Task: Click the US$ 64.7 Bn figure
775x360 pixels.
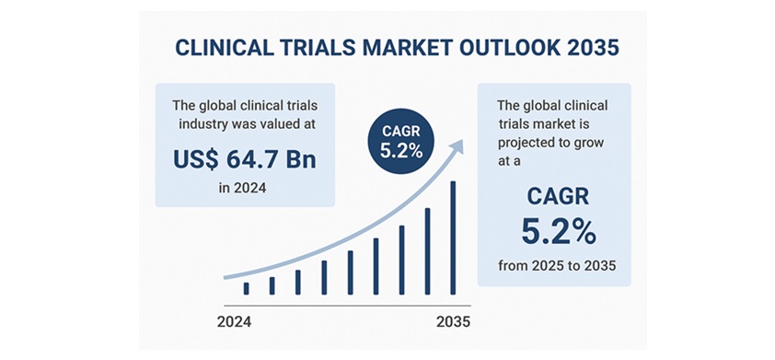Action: click(244, 159)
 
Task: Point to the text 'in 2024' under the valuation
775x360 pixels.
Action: click(242, 188)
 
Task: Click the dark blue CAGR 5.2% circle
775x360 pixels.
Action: click(400, 142)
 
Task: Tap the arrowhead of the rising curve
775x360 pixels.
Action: click(457, 145)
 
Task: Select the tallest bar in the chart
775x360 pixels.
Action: click(453, 238)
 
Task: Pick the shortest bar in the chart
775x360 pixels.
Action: click(246, 289)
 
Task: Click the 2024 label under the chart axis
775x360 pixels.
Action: click(235, 322)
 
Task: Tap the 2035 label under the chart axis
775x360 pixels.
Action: click(454, 322)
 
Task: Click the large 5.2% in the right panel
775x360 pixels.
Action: click(559, 233)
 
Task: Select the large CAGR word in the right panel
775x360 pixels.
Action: click(558, 197)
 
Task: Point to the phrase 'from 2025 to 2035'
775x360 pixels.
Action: click(557, 266)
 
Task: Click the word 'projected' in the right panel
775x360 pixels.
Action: click(519, 144)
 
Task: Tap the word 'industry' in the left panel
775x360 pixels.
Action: click(202, 124)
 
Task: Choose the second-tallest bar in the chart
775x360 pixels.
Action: click(427, 251)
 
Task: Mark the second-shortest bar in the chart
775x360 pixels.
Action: click(272, 285)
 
